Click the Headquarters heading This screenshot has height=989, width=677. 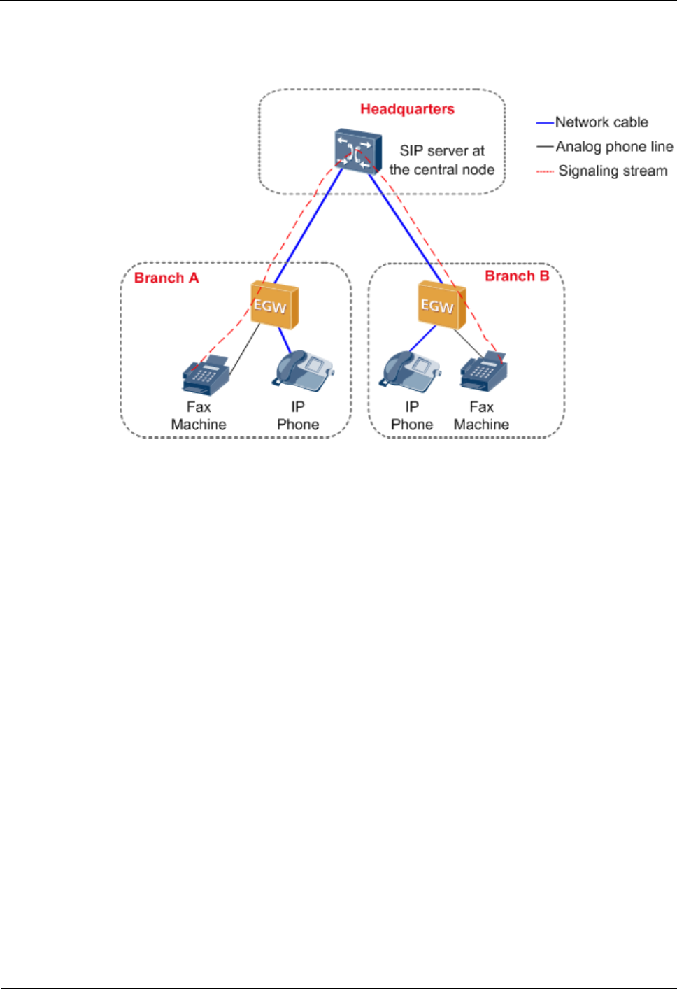pyautogui.click(x=407, y=109)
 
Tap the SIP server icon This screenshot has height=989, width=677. pyautogui.click(x=358, y=151)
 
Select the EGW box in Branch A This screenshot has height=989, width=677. pyautogui.click(x=275, y=305)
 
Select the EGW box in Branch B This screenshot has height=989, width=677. pyautogui.click(x=441, y=305)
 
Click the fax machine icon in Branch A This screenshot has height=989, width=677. pyautogui.click(x=206, y=375)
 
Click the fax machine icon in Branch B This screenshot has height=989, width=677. pyautogui.click(x=483, y=371)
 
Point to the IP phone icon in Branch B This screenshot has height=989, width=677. pyautogui.click(x=411, y=371)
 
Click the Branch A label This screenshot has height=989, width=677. pyautogui.click(x=166, y=278)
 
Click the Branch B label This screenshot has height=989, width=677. pyautogui.click(x=517, y=276)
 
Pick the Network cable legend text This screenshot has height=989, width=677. pyautogui.click(x=601, y=122)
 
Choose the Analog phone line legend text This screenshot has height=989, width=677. pyautogui.click(x=614, y=147)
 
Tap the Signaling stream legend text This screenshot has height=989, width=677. pyautogui.click(x=613, y=171)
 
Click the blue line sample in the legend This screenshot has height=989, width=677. pyautogui.click(x=545, y=122)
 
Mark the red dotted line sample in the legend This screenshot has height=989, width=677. pyautogui.click(x=545, y=171)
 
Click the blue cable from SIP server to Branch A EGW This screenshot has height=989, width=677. pyautogui.click(x=308, y=226)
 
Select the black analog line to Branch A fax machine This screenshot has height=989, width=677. pyautogui.click(x=244, y=350)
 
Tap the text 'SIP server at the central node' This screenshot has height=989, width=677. pyautogui.click(x=442, y=160)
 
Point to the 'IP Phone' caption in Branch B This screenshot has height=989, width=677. pyautogui.click(x=412, y=415)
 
